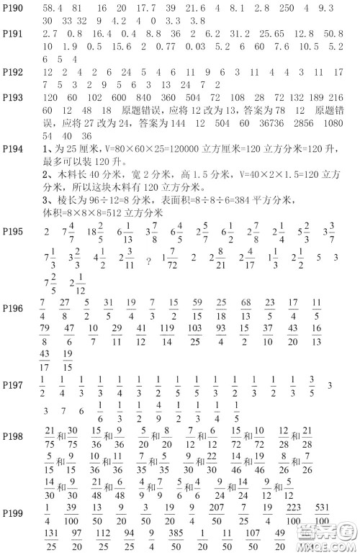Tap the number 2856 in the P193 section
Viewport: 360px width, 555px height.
pyautogui.click(x=287, y=123)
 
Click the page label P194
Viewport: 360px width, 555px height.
pyautogui.click(x=13, y=149)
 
